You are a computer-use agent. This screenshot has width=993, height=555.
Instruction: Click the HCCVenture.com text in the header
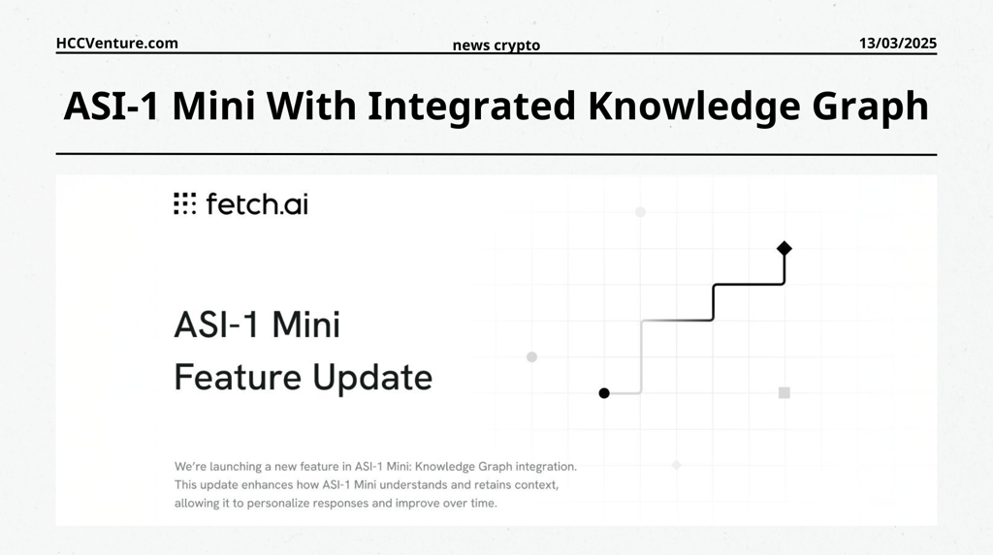[117, 43]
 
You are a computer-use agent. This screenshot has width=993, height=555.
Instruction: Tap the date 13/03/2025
[897, 43]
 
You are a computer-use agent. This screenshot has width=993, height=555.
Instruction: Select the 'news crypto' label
[496, 46]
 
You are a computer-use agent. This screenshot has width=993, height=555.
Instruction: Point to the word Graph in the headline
[871, 107]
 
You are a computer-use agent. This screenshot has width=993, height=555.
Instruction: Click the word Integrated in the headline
[472, 105]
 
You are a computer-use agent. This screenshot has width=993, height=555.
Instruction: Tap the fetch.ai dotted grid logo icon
[185, 203]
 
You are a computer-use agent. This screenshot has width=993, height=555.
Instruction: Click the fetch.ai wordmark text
[257, 203]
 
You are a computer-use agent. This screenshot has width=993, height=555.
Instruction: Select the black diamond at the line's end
[784, 248]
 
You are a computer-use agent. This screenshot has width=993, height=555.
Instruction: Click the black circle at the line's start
[604, 393]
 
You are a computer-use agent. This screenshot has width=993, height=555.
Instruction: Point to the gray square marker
[784, 393]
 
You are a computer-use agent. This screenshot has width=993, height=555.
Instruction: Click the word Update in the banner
[372, 379]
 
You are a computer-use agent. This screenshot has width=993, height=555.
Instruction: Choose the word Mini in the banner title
[306, 324]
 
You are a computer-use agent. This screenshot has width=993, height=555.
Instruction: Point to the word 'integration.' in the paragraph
[546, 467]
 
